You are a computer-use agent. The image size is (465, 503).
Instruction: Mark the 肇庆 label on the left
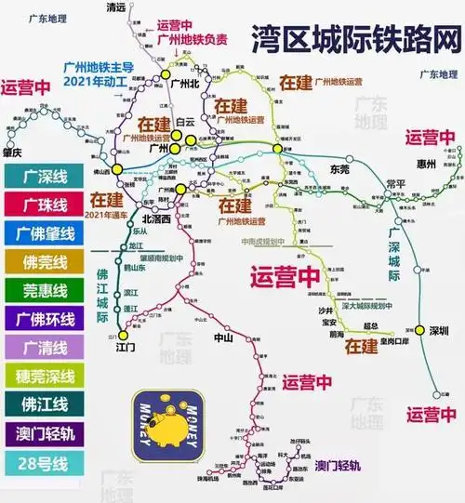[13, 153]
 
